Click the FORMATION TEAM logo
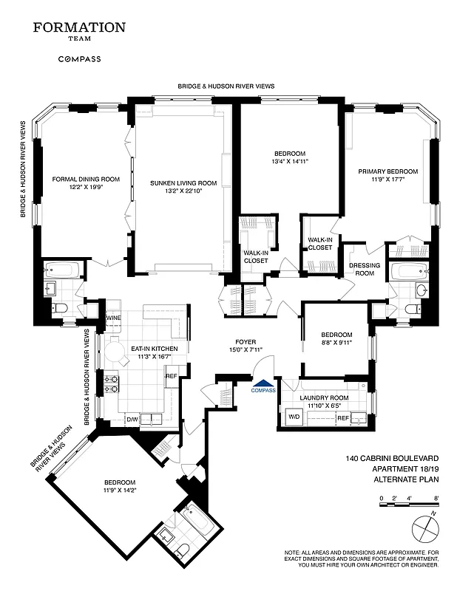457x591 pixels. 79,32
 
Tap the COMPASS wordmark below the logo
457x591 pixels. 79,58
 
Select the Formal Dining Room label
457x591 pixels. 86,182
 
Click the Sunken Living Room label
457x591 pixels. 183,186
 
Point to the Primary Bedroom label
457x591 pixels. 387,175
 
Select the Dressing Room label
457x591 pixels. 364,268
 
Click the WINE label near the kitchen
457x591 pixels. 113,318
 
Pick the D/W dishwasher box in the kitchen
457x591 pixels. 133,420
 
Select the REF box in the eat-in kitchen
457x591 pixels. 171,376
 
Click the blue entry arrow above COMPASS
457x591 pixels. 263,383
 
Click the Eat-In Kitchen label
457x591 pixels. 148,352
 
